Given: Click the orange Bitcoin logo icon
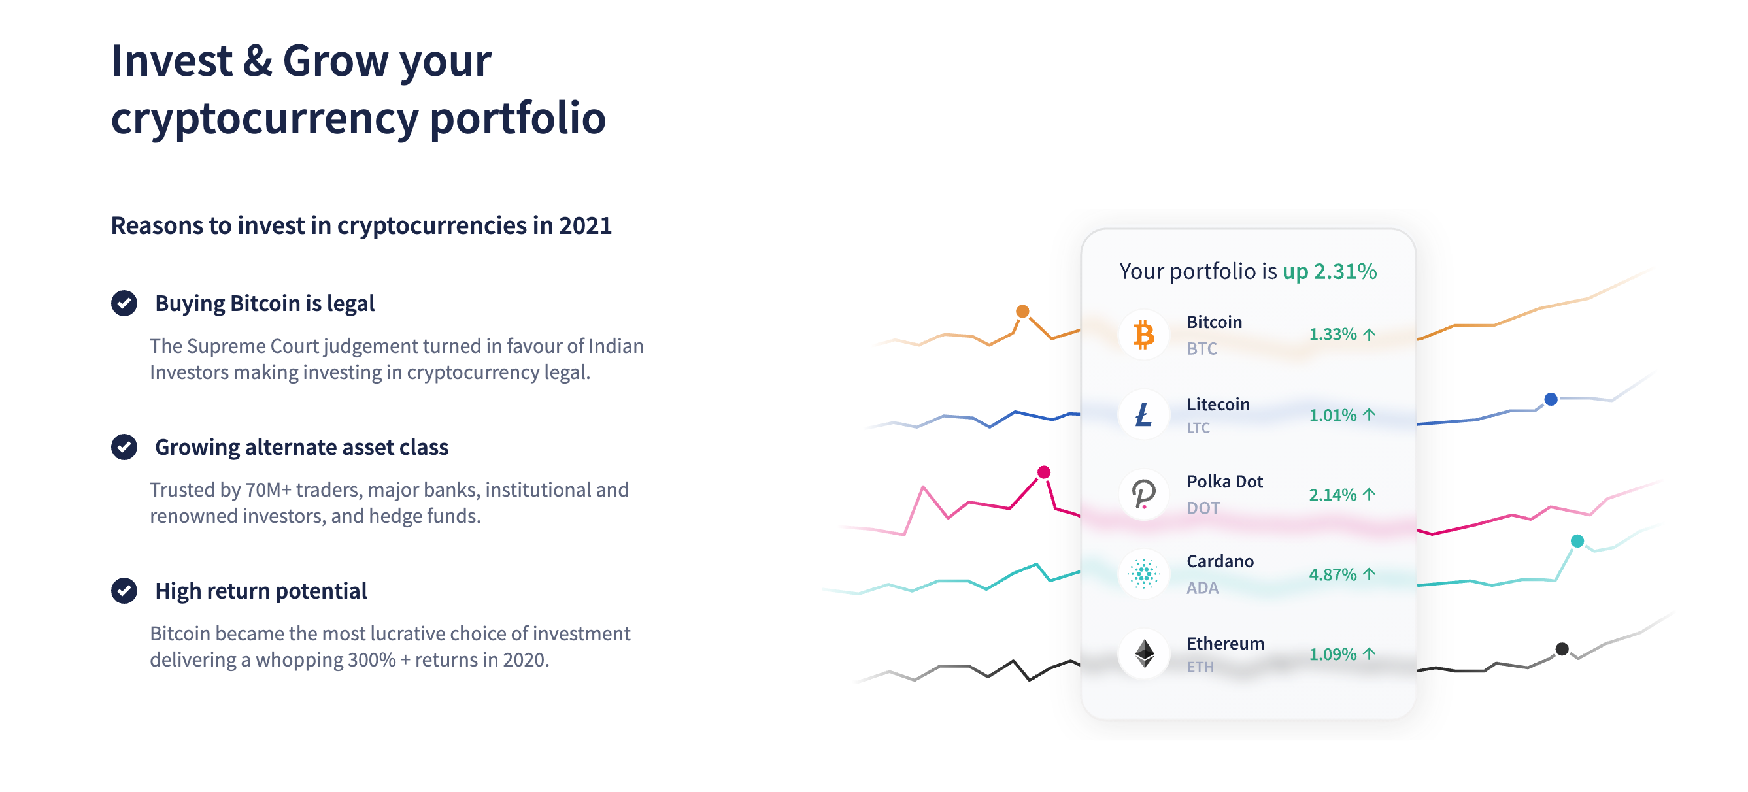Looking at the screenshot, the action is pyautogui.click(x=1144, y=335).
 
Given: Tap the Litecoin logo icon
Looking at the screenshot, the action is pyautogui.click(x=1144, y=414).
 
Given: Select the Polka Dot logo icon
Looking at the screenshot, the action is pyautogui.click(x=1144, y=494).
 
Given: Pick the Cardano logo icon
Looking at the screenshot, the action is pyautogui.click(x=1144, y=574).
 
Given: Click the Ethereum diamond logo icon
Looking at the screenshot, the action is pyautogui.click(x=1145, y=653).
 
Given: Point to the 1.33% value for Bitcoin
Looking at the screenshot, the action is pyautogui.click(x=1333, y=335).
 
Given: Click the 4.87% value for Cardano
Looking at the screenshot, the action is pyautogui.click(x=1333, y=574).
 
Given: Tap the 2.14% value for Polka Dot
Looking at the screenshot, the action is pyautogui.click(x=1333, y=494).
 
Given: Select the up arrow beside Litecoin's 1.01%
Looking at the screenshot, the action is pyautogui.click(x=1370, y=414).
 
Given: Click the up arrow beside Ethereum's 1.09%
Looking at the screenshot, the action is pyautogui.click(x=1370, y=653).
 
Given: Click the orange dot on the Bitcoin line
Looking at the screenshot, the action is pyautogui.click(x=1022, y=311).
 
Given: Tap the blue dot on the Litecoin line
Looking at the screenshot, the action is pyautogui.click(x=1551, y=399).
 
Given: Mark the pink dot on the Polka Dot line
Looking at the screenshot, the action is pyautogui.click(x=1045, y=472).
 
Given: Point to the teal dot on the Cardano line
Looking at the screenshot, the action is pyautogui.click(x=1577, y=540).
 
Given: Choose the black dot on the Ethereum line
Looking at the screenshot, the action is pyautogui.click(x=1562, y=649).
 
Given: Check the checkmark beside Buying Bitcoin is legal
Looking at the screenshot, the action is pyautogui.click(x=124, y=303).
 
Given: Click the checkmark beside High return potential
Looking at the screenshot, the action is pyautogui.click(x=124, y=591).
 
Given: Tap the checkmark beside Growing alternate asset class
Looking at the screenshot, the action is pyautogui.click(x=124, y=447).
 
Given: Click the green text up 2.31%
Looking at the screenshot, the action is pyautogui.click(x=1330, y=271).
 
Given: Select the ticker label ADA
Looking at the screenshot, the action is pyautogui.click(x=1202, y=588).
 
